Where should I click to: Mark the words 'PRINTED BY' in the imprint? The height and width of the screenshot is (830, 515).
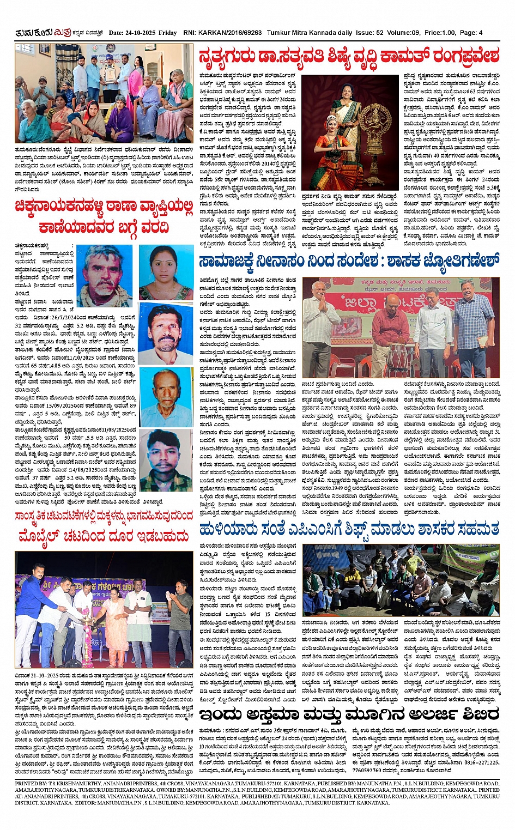tap(32, 783)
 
